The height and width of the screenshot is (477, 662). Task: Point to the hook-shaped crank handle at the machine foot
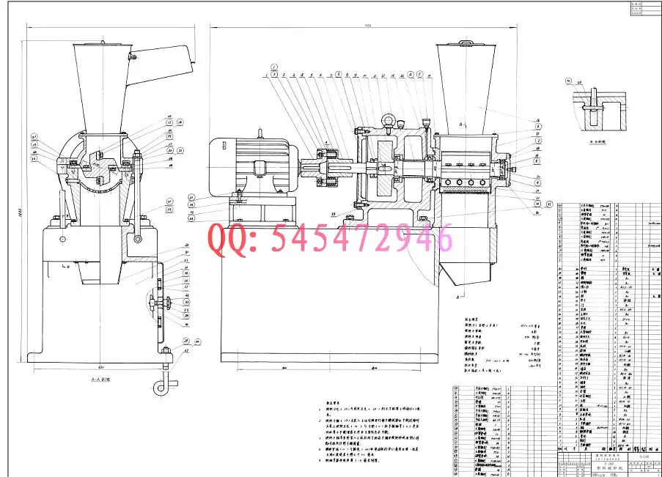point(163,384)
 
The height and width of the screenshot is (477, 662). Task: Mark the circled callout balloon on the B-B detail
point(568,82)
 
